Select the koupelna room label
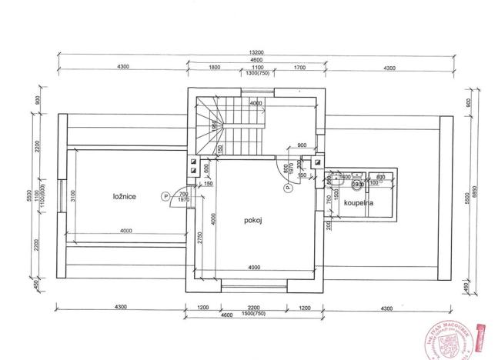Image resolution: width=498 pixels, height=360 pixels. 359,203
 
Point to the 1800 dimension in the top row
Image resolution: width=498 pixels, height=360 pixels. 215,68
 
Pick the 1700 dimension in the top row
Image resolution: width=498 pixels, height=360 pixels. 299,68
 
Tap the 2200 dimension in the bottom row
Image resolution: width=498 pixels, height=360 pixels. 254,308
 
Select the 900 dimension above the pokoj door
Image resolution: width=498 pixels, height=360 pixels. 301,144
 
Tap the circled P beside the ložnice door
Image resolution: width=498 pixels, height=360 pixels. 165,197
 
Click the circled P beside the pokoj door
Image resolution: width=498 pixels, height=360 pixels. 286,185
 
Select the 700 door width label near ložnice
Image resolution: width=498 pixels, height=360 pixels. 183,194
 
